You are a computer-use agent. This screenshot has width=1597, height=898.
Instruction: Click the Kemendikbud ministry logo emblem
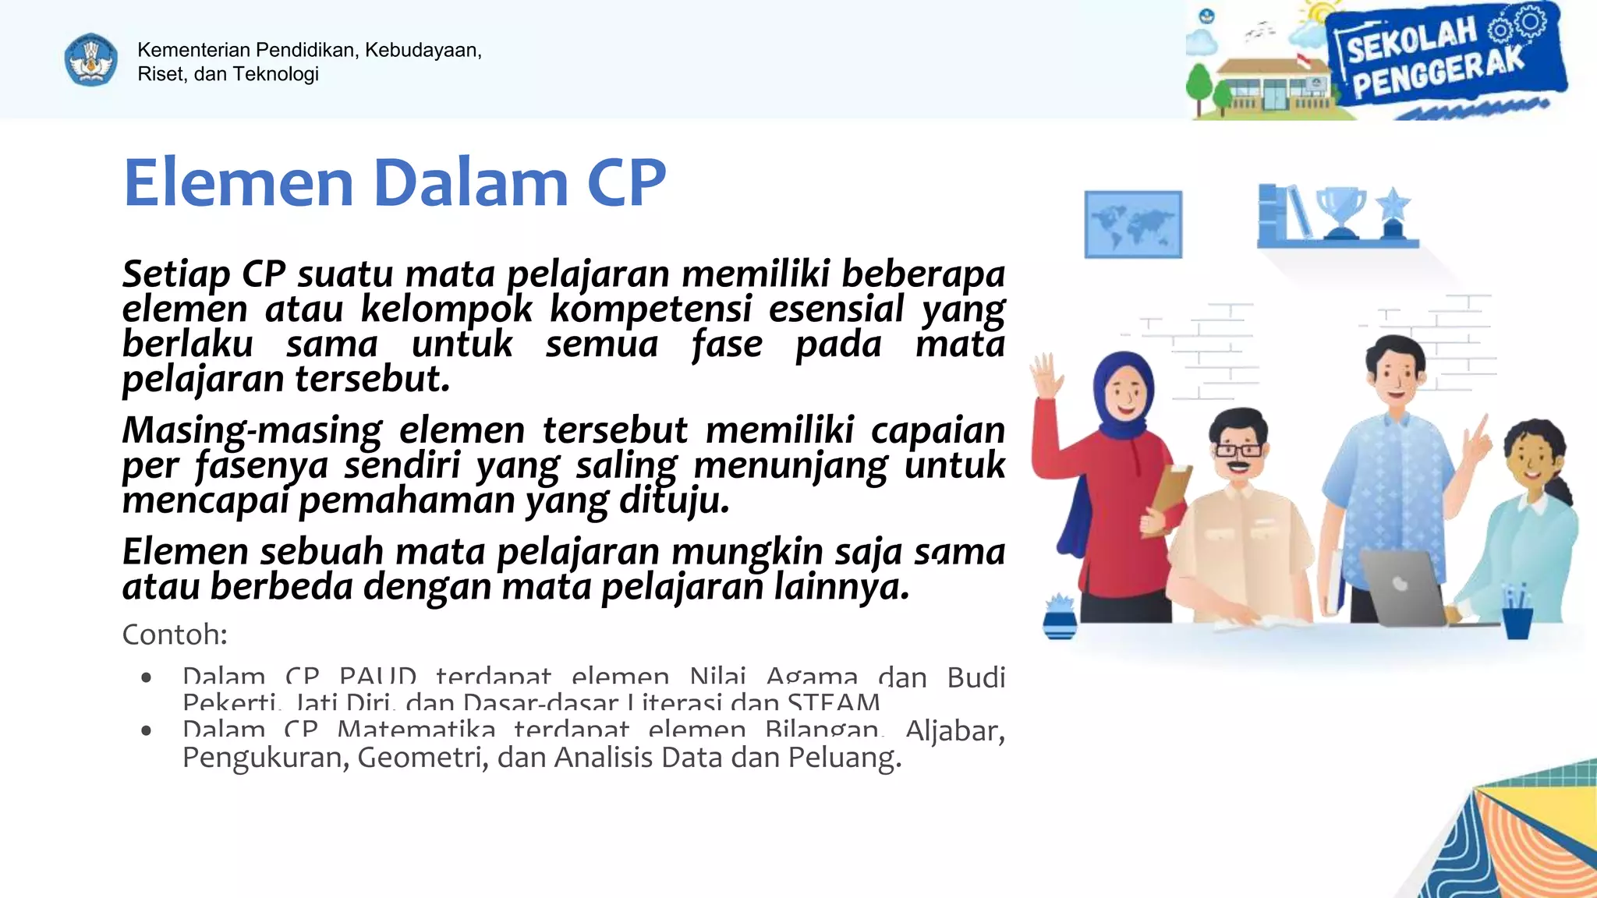point(91,60)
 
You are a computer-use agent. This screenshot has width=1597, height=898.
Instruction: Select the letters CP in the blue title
point(626,183)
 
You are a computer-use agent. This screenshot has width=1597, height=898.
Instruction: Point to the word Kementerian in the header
point(193,50)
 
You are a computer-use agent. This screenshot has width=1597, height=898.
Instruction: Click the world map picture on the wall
point(1133,224)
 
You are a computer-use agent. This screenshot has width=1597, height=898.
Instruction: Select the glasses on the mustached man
point(1238,450)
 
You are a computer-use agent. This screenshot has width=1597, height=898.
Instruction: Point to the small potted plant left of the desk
point(1060,617)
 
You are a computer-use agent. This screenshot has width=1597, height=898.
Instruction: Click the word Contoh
point(174,635)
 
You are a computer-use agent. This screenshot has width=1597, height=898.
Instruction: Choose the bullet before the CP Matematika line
point(147,730)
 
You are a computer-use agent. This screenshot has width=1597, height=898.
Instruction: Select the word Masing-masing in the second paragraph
point(252,430)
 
